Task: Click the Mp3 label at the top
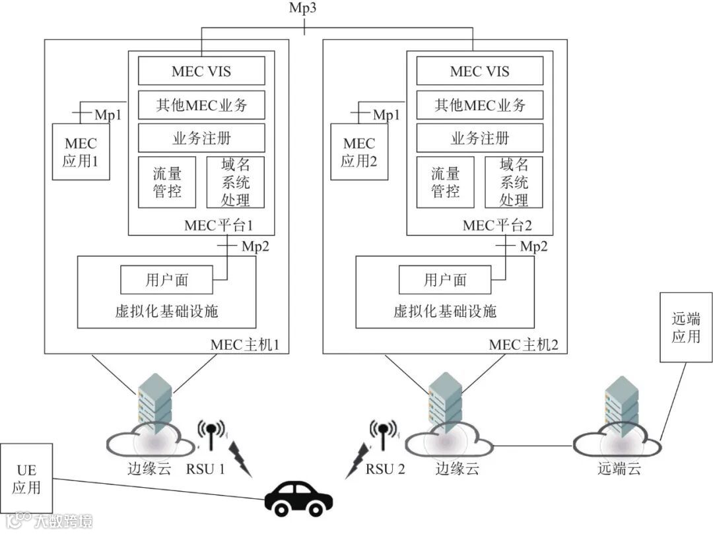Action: (304, 9)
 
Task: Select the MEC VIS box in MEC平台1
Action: (201, 71)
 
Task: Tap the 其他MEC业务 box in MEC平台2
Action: (480, 105)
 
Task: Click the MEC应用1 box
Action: (81, 151)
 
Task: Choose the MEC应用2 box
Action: (359, 151)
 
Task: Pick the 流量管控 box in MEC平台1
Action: (166, 182)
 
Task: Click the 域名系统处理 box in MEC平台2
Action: (514, 182)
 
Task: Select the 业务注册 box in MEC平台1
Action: (201, 139)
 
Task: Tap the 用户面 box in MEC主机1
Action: (166, 280)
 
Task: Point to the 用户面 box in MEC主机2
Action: (445, 280)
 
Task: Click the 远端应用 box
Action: (686, 328)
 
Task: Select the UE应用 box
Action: (26, 479)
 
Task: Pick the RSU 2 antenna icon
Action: (384, 434)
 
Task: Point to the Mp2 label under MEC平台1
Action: (255, 246)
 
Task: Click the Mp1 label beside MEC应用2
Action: (387, 115)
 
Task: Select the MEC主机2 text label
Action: (527, 345)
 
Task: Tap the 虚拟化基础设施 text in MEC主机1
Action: (166, 312)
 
